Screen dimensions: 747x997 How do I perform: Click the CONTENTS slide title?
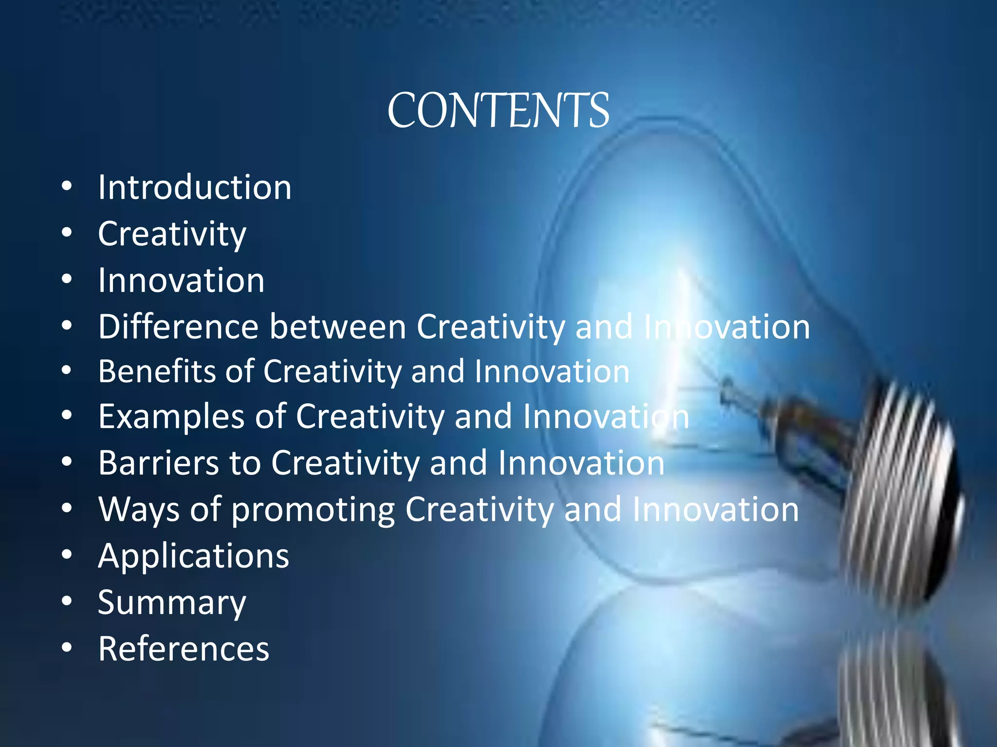pos(498,111)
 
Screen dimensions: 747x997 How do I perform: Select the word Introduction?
pos(195,187)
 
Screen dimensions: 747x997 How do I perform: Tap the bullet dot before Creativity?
pos(67,232)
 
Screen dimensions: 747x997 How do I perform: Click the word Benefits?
pos(156,372)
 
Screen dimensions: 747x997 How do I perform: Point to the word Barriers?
pos(159,462)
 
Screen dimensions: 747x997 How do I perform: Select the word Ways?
pos(139,509)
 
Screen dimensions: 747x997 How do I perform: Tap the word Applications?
pos(194,556)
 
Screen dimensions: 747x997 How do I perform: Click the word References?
pos(184,649)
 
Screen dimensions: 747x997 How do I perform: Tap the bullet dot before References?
pos(67,648)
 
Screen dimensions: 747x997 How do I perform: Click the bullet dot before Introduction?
pos(67,186)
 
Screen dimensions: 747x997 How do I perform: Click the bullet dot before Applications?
pos(67,555)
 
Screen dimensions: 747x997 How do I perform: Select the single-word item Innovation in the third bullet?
pos(181,281)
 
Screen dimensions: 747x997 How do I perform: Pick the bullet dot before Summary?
pos(67,602)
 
